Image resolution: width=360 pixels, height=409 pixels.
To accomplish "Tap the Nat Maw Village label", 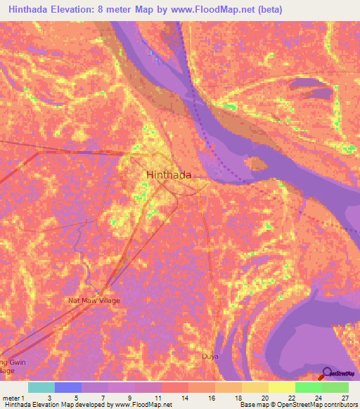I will [x=94, y=301].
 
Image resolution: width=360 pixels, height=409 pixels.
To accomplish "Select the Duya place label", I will [x=211, y=356].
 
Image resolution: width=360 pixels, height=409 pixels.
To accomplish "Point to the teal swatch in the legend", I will [x=41, y=387].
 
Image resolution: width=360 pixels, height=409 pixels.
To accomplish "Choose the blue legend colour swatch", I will [x=68, y=387].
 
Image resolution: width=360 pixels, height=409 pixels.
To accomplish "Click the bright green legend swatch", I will [x=308, y=387].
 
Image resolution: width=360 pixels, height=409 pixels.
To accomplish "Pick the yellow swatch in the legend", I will [x=281, y=387].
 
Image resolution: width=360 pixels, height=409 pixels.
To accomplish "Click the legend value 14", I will [x=184, y=397].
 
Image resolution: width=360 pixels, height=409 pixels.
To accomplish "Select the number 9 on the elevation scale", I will [x=130, y=397].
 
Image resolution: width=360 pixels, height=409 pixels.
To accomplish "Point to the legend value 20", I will [x=265, y=397].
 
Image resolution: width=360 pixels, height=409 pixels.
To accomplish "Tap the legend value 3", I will [x=49, y=397].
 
